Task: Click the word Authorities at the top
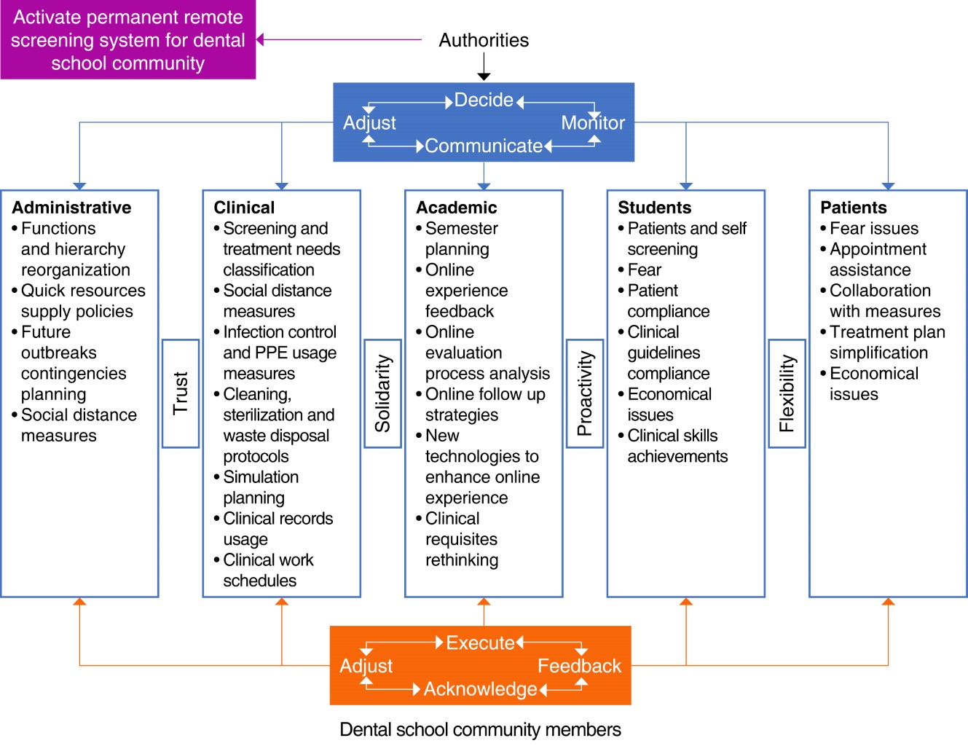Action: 484,40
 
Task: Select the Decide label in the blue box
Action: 484,100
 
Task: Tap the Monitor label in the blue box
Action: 593,123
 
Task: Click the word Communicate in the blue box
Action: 484,146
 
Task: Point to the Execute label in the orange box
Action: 480,643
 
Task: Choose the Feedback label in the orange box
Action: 579,666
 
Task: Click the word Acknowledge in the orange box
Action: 480,689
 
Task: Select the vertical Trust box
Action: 181,393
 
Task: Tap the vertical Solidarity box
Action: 382,393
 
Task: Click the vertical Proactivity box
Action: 585,393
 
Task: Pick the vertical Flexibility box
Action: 787,393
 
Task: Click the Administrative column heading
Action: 71,208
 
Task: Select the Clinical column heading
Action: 244,208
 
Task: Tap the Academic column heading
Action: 456,208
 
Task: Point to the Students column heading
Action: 654,208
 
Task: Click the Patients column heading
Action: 853,208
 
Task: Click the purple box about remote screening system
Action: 128,40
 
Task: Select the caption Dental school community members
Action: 480,729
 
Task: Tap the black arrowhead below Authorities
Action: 484,76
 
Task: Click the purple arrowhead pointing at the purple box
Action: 260,40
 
